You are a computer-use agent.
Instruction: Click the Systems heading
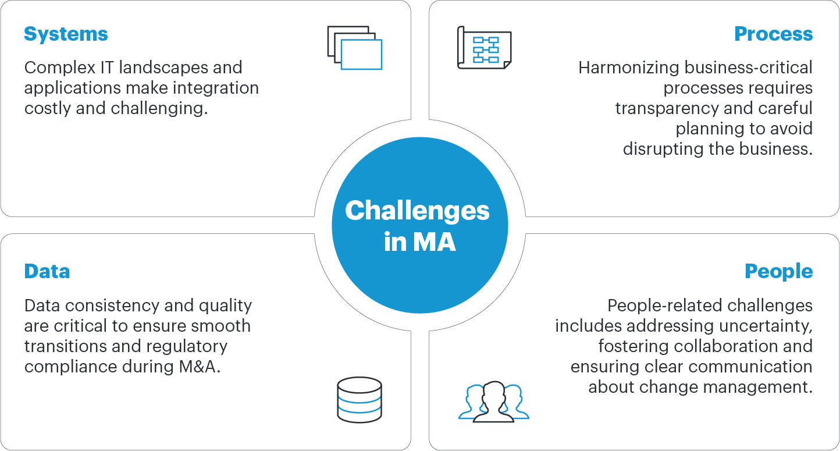[x=66, y=34]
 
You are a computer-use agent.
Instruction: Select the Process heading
[x=773, y=34]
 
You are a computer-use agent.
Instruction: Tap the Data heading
[x=47, y=272]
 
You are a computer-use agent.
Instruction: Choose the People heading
[x=778, y=272]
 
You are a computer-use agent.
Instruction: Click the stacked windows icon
[x=354, y=48]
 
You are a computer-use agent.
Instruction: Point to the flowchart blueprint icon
[x=484, y=48]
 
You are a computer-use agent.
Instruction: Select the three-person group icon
[x=493, y=402]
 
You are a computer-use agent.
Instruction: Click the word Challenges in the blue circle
[x=417, y=211]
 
